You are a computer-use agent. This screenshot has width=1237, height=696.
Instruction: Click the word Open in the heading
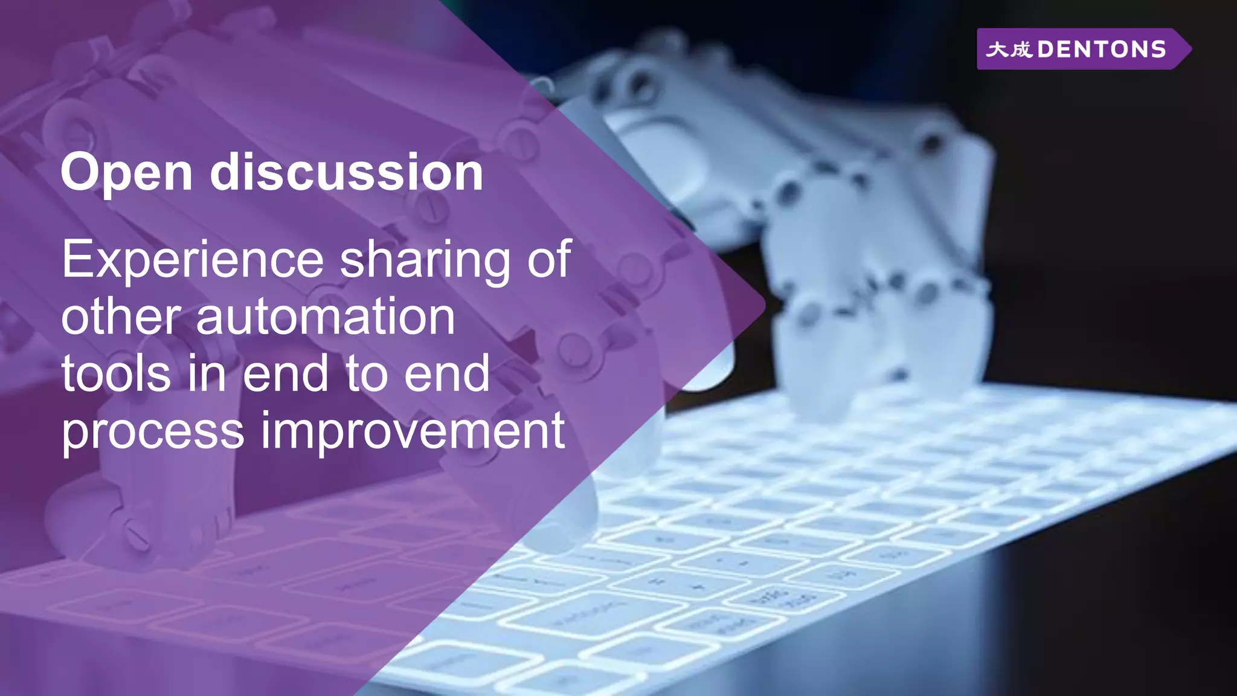[x=126, y=174]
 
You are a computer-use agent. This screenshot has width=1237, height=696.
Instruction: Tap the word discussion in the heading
[x=346, y=173]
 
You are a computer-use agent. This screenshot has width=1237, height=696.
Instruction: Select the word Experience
[x=193, y=260]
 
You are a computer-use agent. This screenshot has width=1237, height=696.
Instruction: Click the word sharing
[x=425, y=260]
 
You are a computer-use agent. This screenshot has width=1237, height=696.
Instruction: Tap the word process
[x=153, y=431]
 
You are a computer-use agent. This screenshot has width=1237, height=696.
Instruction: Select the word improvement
[x=413, y=431]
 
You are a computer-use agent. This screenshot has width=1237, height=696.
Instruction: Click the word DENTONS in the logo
[x=1102, y=50]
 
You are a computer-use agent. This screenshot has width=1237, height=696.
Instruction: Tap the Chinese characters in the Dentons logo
[x=1009, y=50]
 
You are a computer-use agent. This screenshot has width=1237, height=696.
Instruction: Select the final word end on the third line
[x=447, y=374]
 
